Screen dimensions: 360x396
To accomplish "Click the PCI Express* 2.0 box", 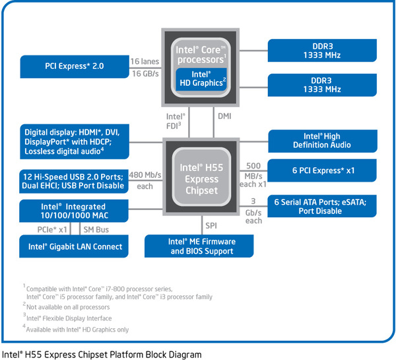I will pyautogui.click(x=75, y=65).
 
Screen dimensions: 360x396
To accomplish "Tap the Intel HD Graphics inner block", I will pyautogui.click(x=201, y=79).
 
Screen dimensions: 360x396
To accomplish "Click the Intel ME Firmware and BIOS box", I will pyautogui.click(x=202, y=246).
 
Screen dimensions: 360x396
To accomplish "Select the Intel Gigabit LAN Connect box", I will pyautogui.click(x=75, y=246).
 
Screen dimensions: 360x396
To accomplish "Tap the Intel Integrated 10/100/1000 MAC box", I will pyautogui.click(x=75, y=211).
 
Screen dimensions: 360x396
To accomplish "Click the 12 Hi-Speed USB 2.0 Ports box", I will pyautogui.click(x=75, y=181).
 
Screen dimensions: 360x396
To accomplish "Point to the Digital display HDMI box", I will pyautogui.click(x=75, y=141).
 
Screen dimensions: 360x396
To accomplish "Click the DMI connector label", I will pyautogui.click(x=224, y=116).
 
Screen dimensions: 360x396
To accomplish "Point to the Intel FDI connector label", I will pyautogui.click(x=175, y=120).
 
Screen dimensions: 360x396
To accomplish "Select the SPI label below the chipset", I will pyautogui.click(x=211, y=226).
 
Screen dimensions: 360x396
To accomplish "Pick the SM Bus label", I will pyautogui.click(x=96, y=229).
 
